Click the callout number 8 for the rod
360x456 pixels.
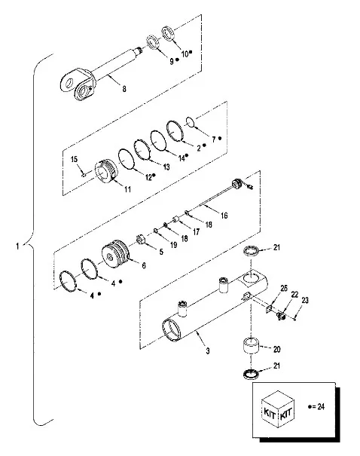[x=124, y=88]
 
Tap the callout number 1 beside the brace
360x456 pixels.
[x=18, y=246]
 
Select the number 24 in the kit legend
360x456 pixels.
[x=321, y=406]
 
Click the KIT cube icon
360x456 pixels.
[x=278, y=409]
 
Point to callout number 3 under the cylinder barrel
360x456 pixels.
[x=208, y=351]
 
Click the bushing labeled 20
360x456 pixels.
[x=251, y=345]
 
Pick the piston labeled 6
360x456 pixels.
[x=116, y=253]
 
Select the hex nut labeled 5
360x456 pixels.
[x=141, y=240]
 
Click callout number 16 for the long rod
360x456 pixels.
[x=224, y=216]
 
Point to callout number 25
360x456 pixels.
[x=284, y=288]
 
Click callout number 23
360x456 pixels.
[x=305, y=300]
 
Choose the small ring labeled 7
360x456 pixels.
[x=190, y=122]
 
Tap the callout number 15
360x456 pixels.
[x=74, y=159]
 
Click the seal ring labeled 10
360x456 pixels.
[x=168, y=34]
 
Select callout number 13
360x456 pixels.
[x=166, y=167]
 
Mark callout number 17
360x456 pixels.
[x=196, y=231]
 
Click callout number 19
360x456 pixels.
[x=173, y=244]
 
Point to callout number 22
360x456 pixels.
[x=294, y=295]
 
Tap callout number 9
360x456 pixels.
[x=172, y=61]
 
